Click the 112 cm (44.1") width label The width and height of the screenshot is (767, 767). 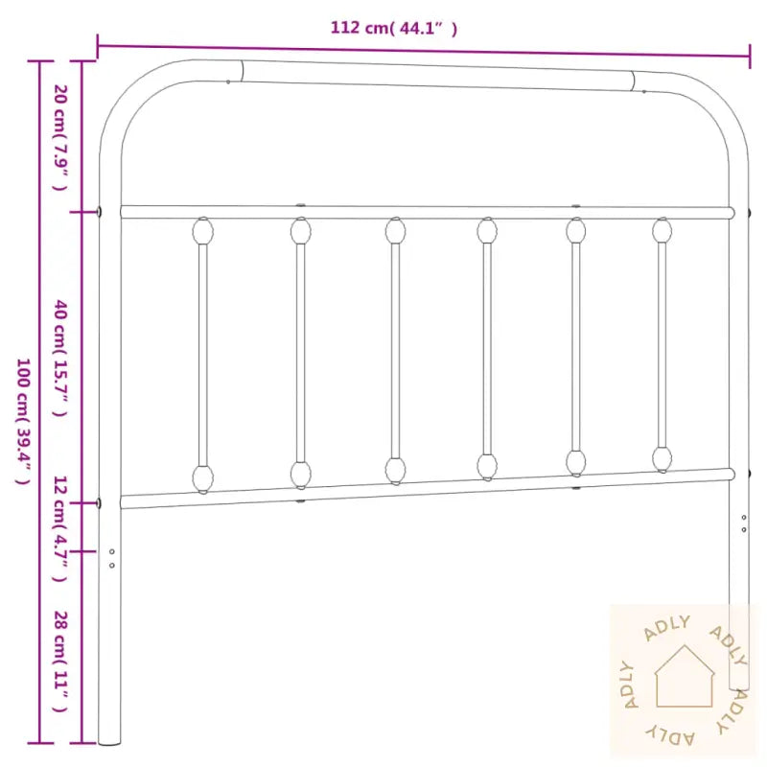(394, 28)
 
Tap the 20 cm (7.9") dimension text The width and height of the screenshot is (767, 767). (59, 136)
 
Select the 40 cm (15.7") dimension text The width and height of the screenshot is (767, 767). (59, 358)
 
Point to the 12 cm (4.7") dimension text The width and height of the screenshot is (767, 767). (59, 527)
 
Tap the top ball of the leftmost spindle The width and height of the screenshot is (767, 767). (203, 231)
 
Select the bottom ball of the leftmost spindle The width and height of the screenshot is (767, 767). (203, 477)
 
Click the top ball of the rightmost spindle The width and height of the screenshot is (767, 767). (662, 230)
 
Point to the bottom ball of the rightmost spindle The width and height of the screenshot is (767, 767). (662, 458)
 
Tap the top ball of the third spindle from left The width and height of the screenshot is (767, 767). (395, 231)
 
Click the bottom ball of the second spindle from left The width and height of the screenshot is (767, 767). (301, 474)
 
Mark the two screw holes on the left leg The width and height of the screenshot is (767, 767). (112, 558)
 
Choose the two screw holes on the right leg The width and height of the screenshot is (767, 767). (744, 523)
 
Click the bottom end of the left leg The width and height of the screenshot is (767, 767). (110, 740)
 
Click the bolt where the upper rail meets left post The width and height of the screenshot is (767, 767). (102, 212)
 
